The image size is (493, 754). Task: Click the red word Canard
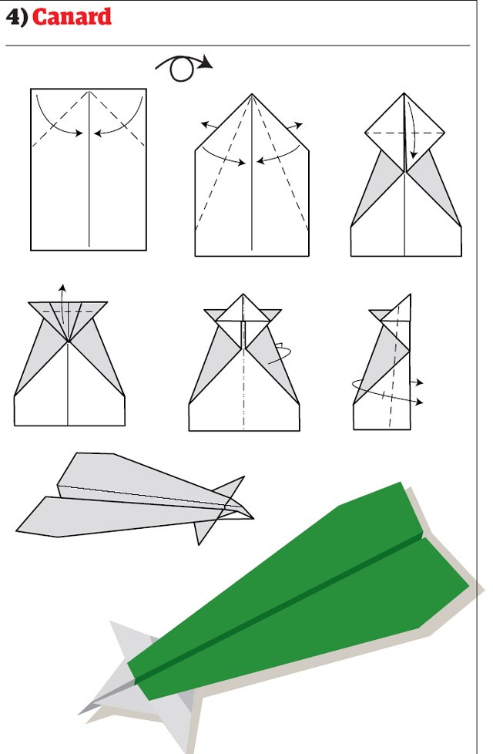pyautogui.click(x=72, y=17)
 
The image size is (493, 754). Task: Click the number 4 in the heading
pyautogui.click(x=13, y=17)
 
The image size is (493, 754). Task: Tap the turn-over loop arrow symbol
pyautogui.click(x=183, y=67)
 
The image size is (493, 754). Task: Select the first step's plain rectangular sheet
pyautogui.click(x=89, y=170)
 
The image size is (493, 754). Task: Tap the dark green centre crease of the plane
pyautogui.click(x=279, y=608)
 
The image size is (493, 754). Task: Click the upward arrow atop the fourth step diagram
pyautogui.click(x=62, y=304)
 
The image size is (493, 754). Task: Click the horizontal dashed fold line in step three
pyautogui.click(x=404, y=133)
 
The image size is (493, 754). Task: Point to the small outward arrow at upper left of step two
pyautogui.click(x=209, y=126)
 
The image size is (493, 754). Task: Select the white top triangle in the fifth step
pyautogui.click(x=243, y=309)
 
